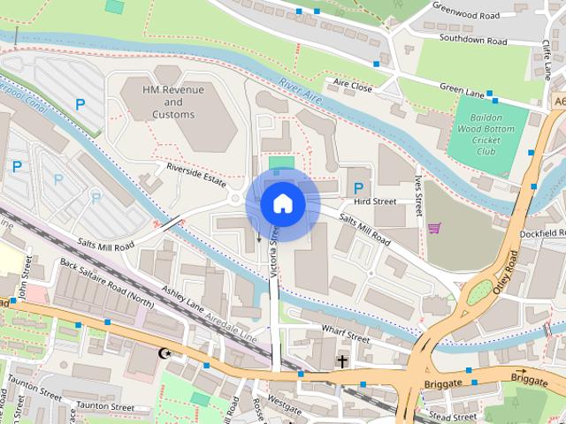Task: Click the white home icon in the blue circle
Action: [x=282, y=203]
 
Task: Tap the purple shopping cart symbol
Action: [x=434, y=228]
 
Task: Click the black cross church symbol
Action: [x=341, y=361]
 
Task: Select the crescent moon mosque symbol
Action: [x=163, y=353]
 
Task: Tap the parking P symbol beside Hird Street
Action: [x=358, y=188]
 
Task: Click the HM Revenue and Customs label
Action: [x=173, y=102]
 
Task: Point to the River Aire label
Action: [x=298, y=90]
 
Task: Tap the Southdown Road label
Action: [x=473, y=40]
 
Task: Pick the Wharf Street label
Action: [x=346, y=337]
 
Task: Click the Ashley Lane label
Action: [x=184, y=298]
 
